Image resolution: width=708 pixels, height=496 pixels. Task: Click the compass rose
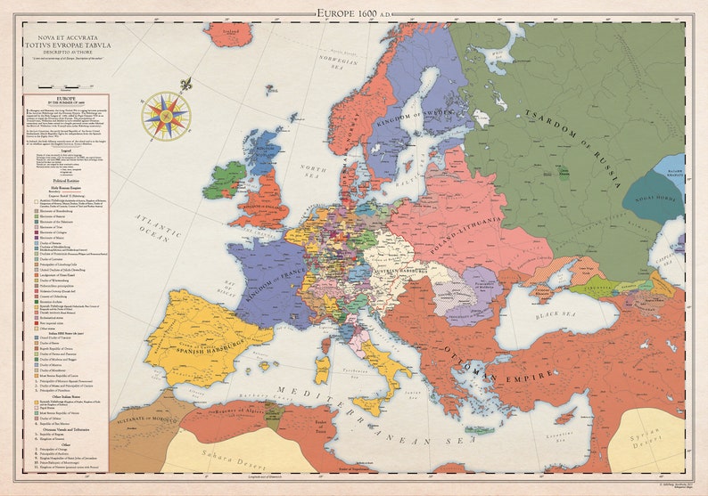(x=166, y=116)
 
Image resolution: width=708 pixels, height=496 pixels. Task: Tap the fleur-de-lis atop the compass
(x=185, y=85)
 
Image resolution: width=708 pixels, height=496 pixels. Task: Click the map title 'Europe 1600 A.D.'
(x=354, y=12)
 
